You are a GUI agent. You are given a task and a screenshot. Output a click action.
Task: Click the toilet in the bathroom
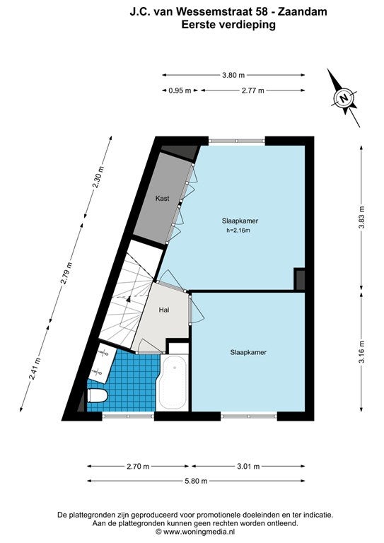(97, 395)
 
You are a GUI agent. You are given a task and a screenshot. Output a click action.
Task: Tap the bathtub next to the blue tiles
(173, 382)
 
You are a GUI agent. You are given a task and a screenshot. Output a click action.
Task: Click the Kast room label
(163, 199)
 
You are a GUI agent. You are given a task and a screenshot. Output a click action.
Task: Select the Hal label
(164, 310)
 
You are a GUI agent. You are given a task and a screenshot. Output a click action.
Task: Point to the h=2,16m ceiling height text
(238, 230)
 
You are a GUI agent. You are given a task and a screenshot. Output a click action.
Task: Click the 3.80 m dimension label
(233, 75)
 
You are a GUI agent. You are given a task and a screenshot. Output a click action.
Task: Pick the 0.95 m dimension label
(180, 90)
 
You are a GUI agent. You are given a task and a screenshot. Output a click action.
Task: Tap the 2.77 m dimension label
(252, 90)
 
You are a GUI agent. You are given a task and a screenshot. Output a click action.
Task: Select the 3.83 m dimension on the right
(362, 218)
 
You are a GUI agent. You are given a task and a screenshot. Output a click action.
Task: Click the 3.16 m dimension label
(362, 352)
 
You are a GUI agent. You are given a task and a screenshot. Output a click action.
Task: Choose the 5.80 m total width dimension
(196, 481)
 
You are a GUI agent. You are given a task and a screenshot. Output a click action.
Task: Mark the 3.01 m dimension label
(248, 467)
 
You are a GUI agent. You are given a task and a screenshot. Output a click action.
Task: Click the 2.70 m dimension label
(138, 467)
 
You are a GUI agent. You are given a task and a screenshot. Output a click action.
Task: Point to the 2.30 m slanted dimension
(98, 177)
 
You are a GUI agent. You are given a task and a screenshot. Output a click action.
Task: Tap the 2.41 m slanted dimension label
(35, 368)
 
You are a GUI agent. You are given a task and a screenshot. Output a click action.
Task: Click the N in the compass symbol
(344, 98)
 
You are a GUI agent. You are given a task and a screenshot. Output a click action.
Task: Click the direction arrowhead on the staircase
(129, 298)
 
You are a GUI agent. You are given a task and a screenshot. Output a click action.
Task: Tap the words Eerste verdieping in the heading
(228, 25)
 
